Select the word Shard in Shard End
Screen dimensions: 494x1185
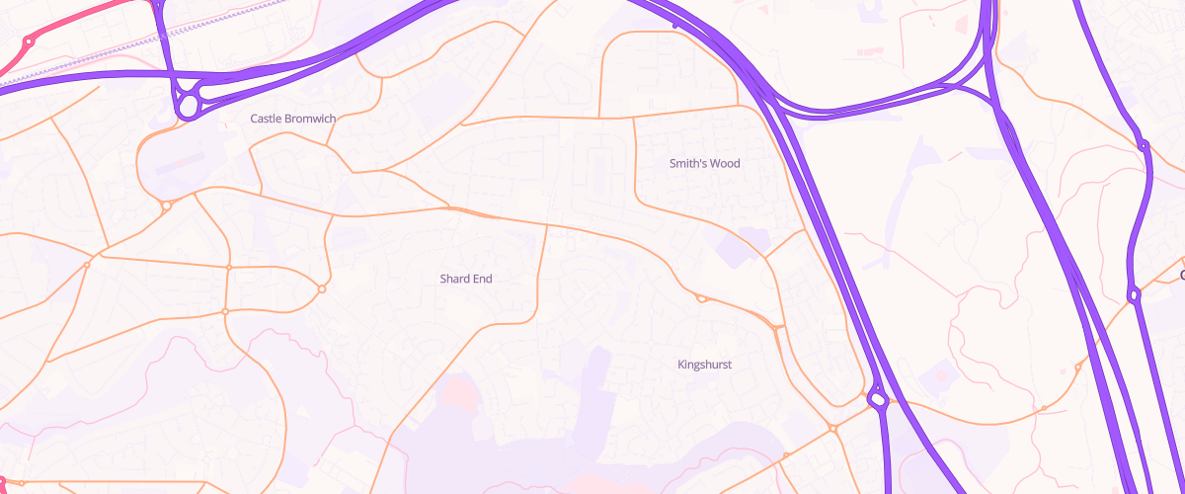[455, 279]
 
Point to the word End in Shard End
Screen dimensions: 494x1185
[482, 279]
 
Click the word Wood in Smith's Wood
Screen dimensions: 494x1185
[723, 163]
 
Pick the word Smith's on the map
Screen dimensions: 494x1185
[688, 163]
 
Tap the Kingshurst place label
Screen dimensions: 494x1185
[704, 365]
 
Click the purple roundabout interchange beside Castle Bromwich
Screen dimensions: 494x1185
[187, 102]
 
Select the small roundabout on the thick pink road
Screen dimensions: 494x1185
[29, 42]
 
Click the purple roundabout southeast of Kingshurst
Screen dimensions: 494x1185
[876, 400]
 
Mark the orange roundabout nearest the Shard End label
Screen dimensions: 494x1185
[322, 288]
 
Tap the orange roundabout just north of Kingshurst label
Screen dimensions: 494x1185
[701, 297]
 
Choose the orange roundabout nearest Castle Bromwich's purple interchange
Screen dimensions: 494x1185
[166, 206]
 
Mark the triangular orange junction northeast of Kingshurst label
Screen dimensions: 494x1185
[778, 326]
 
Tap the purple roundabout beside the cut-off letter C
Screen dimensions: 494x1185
[1134, 293]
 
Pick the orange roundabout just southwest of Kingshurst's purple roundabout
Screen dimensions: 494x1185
[833, 428]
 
